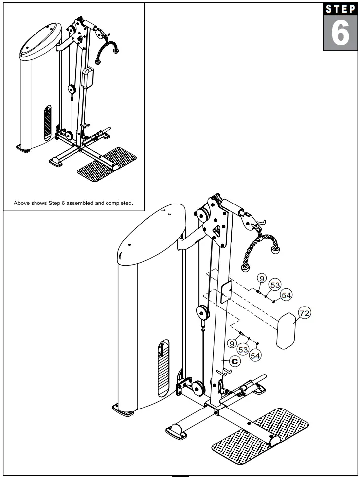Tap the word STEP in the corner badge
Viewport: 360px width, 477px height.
click(x=340, y=10)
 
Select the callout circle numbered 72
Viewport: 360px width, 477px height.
click(x=305, y=313)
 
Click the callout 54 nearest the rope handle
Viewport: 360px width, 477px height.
click(x=286, y=295)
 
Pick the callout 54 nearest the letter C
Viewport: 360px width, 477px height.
click(x=255, y=354)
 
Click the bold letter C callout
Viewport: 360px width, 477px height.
click(x=235, y=361)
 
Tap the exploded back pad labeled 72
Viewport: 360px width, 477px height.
click(x=286, y=333)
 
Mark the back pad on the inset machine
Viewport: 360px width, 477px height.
click(x=88, y=78)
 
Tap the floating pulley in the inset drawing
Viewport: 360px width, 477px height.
click(x=72, y=90)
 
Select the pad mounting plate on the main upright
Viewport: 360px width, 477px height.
click(x=226, y=292)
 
